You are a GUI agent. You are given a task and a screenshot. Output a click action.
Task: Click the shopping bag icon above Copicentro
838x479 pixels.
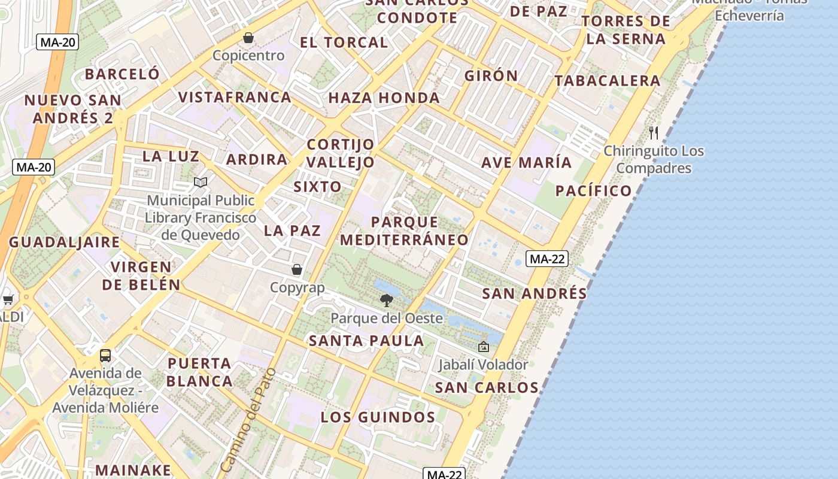click(x=248, y=38)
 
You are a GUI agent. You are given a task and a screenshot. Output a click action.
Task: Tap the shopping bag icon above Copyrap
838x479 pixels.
click(x=296, y=269)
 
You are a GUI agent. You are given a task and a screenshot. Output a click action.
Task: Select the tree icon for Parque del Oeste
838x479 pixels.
click(x=387, y=300)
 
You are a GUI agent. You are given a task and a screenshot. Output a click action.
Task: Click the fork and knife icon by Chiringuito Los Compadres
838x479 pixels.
click(x=654, y=132)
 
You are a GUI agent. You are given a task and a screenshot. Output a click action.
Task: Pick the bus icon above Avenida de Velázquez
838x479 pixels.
click(x=105, y=356)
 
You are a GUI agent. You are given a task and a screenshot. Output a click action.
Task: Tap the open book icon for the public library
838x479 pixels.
click(x=201, y=182)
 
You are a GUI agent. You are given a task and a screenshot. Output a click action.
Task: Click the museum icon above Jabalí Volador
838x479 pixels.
click(x=483, y=347)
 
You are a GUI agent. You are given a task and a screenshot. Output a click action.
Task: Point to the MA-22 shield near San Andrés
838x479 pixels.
click(x=547, y=259)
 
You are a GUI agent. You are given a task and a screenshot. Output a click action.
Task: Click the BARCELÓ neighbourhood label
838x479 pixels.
click(x=122, y=74)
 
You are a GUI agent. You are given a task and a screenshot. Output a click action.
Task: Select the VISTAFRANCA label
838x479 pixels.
click(x=235, y=97)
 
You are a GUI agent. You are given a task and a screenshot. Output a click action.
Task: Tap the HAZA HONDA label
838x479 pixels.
click(x=384, y=98)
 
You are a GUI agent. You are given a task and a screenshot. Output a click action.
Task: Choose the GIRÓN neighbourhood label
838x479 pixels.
click(x=491, y=76)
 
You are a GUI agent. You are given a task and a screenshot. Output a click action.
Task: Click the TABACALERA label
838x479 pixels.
click(x=607, y=81)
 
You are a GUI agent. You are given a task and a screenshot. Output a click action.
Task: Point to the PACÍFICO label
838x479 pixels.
click(x=593, y=191)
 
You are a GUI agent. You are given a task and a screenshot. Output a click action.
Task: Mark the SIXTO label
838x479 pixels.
click(x=317, y=187)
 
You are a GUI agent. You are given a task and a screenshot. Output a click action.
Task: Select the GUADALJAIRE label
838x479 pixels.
click(x=64, y=242)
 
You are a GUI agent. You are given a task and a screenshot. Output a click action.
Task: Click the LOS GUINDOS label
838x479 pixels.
click(x=378, y=417)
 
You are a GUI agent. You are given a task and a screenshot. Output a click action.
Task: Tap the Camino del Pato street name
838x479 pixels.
click(x=248, y=419)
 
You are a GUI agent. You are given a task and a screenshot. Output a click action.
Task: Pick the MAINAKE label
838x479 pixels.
click(x=133, y=470)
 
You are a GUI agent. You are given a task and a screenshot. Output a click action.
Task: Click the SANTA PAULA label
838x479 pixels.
click(x=366, y=341)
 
